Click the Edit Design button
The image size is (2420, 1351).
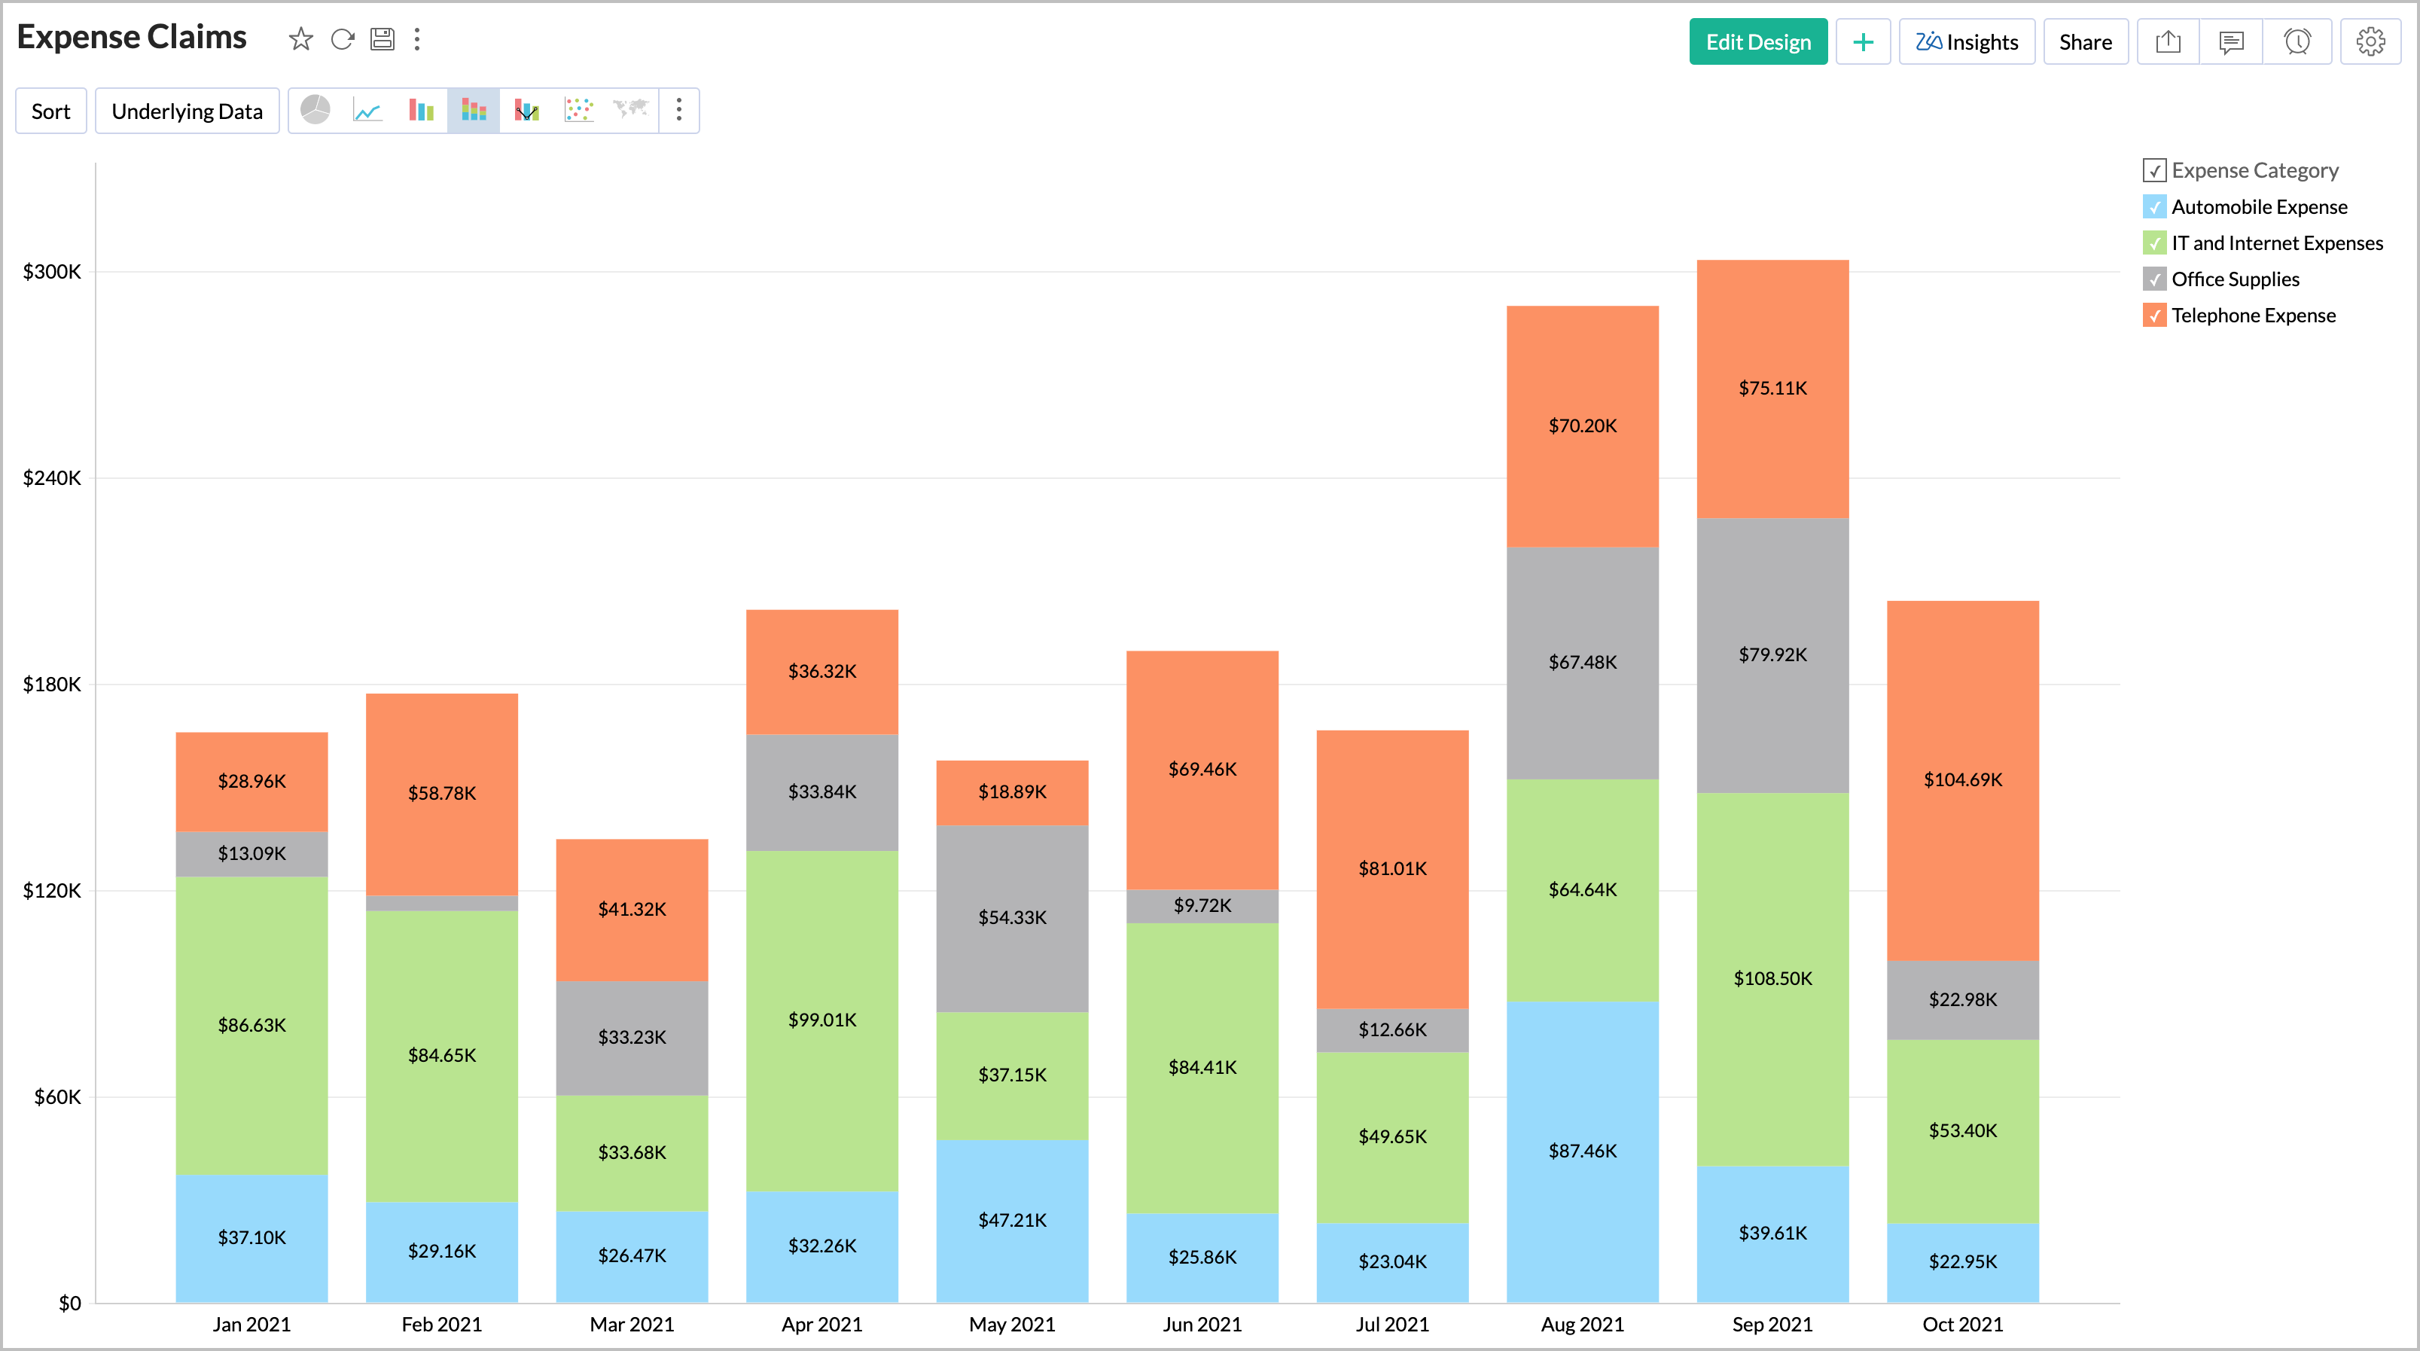1757,42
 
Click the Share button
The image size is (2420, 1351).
2085,42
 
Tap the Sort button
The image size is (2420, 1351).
50,111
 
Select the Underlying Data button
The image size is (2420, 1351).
187,111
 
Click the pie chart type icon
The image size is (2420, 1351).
315,111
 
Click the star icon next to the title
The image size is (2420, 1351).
300,38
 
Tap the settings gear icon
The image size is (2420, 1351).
2370,42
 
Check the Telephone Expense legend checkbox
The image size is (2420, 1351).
2154,316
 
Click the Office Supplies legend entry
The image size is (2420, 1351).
2234,279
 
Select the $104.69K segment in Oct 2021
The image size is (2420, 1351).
1961,779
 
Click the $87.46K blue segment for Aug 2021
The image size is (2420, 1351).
1582,1151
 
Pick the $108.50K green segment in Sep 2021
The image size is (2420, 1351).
1772,978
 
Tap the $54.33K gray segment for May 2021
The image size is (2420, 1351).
1012,917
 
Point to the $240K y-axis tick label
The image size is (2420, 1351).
52,478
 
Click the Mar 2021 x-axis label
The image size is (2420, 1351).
631,1325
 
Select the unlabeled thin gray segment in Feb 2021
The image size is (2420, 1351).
441,903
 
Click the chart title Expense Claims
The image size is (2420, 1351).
132,38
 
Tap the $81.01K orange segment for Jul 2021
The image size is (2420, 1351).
1391,868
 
